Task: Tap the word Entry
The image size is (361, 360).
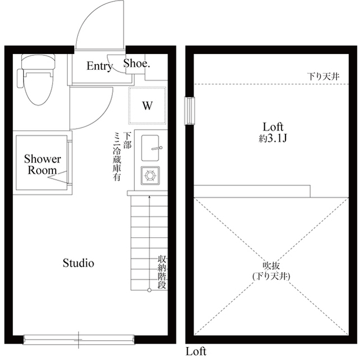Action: tap(99, 66)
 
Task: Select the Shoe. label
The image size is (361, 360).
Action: tap(137, 64)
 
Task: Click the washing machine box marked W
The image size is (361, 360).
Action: tap(147, 105)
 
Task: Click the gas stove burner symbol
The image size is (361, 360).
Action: tap(151, 176)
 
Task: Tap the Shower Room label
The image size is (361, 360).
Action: tap(42, 165)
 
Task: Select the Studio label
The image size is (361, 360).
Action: tap(78, 263)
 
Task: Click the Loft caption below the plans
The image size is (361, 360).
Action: tap(196, 352)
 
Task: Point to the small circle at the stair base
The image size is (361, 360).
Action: tap(149, 290)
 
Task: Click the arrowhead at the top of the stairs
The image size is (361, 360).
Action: tap(149, 198)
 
